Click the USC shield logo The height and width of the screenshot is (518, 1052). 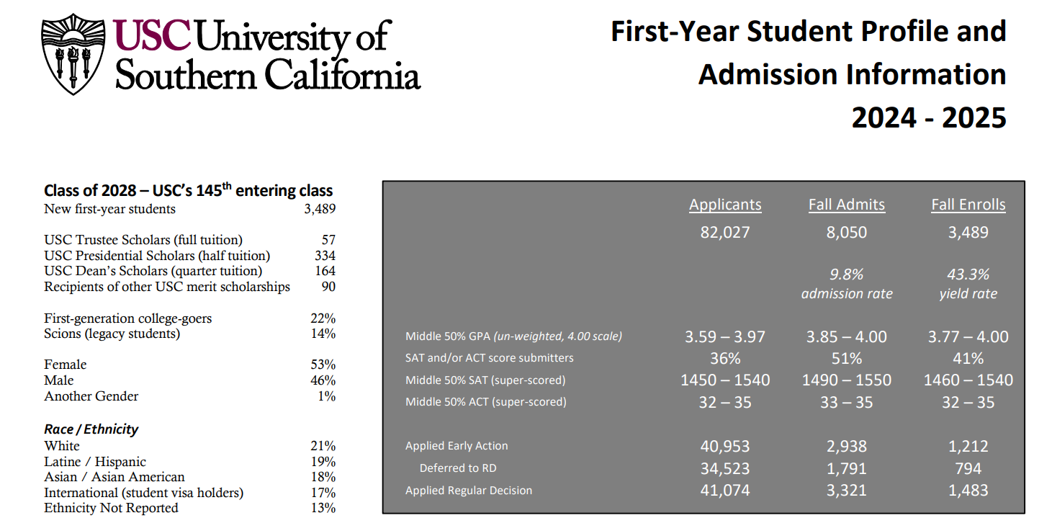click(x=72, y=55)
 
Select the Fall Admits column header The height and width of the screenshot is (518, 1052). click(x=847, y=205)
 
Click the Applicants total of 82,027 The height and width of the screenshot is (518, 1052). click(x=725, y=232)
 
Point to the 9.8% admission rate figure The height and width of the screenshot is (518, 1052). click(x=847, y=274)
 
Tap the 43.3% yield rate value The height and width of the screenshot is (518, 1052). click(x=968, y=274)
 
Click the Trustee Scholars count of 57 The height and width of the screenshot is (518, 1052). click(x=328, y=240)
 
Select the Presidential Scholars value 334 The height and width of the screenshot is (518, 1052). click(x=325, y=256)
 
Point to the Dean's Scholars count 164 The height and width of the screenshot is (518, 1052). click(x=325, y=272)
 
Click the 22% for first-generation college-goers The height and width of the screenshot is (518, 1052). click(x=323, y=318)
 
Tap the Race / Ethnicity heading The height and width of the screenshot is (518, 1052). click(x=91, y=429)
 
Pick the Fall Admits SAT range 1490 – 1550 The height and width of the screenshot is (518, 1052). click(x=847, y=380)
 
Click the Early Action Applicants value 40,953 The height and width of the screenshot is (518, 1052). click(x=725, y=447)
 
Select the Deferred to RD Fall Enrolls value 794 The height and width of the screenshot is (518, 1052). click(x=968, y=469)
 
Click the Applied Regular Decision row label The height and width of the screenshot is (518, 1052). click(x=469, y=491)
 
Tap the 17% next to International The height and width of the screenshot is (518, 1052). click(x=323, y=493)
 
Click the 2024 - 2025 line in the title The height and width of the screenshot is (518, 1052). click(x=929, y=117)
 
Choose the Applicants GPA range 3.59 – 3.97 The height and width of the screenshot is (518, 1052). click(x=725, y=336)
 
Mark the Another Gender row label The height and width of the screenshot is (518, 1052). click(x=91, y=396)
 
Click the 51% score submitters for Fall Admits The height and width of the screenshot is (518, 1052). click(x=847, y=358)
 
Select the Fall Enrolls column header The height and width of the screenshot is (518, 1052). click(x=968, y=205)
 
